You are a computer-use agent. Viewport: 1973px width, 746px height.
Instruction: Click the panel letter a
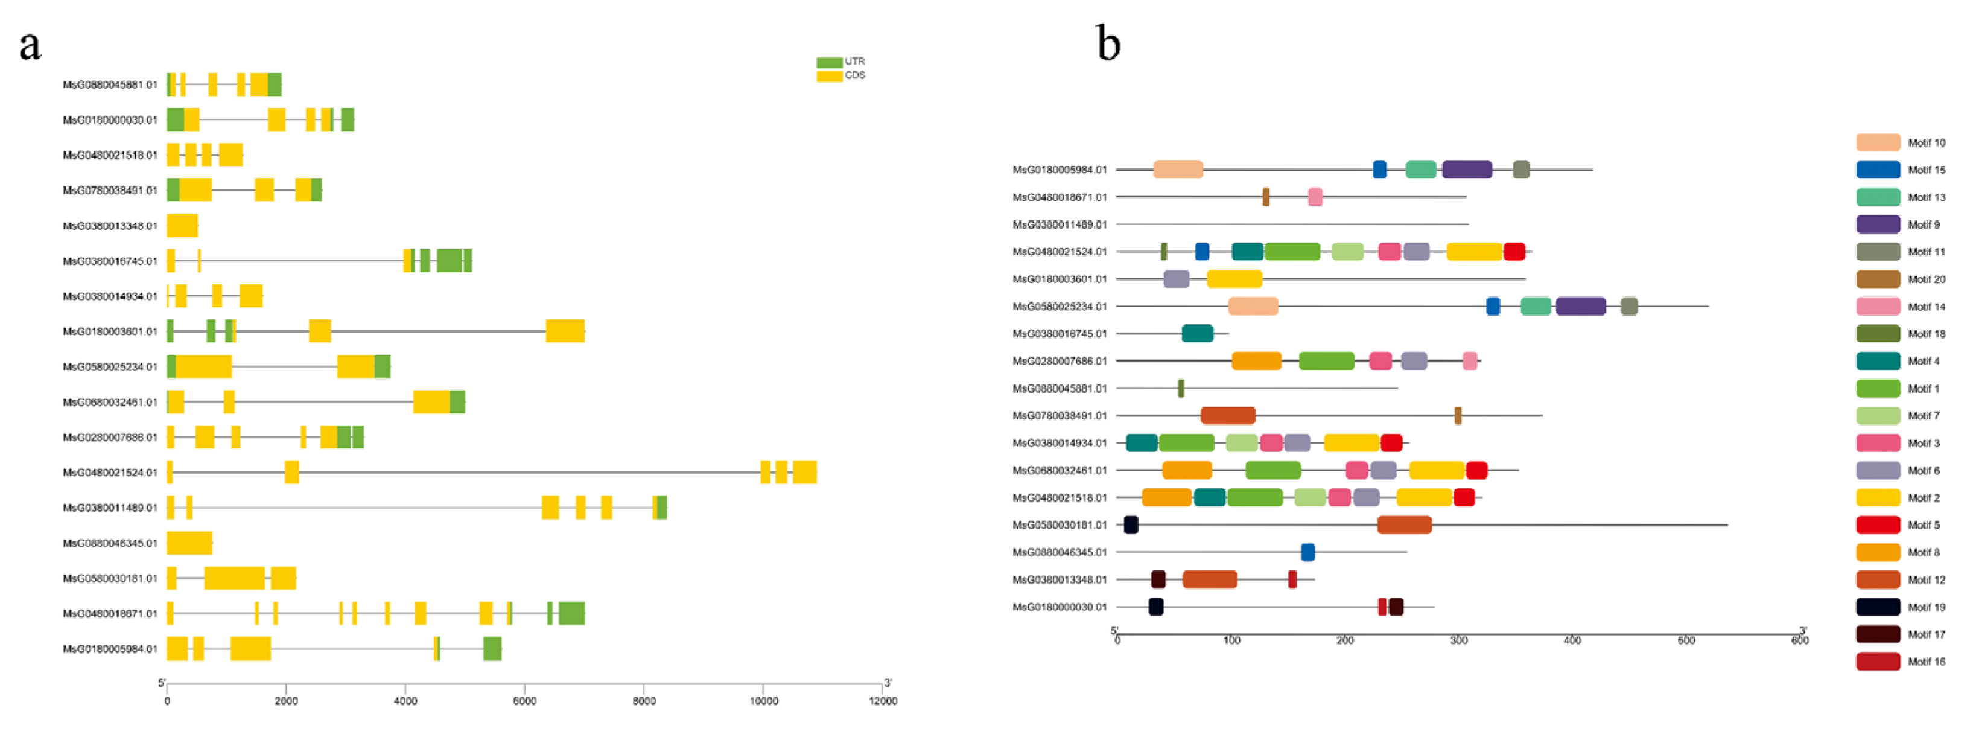click(x=30, y=46)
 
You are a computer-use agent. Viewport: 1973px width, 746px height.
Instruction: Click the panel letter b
click(x=1108, y=43)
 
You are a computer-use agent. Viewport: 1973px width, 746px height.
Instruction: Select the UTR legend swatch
click(x=829, y=62)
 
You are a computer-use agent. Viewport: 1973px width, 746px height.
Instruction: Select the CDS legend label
click(x=855, y=75)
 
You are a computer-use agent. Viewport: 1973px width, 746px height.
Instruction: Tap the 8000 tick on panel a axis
click(x=644, y=700)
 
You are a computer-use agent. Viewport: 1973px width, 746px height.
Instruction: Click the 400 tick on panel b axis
click(x=1572, y=640)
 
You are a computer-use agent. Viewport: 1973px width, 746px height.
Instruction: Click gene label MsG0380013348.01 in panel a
click(x=110, y=226)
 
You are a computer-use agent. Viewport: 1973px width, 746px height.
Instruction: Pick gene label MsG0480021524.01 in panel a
click(x=110, y=473)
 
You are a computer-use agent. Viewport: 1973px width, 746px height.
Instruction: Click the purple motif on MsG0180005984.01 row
click(x=1466, y=169)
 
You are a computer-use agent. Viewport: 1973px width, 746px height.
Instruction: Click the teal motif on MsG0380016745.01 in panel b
click(x=1196, y=333)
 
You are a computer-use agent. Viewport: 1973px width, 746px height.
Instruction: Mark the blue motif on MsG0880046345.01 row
click(x=1307, y=552)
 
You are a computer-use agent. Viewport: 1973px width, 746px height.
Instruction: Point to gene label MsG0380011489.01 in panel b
click(x=1060, y=225)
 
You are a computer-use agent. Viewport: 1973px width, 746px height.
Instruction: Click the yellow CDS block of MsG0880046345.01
click(x=189, y=543)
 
